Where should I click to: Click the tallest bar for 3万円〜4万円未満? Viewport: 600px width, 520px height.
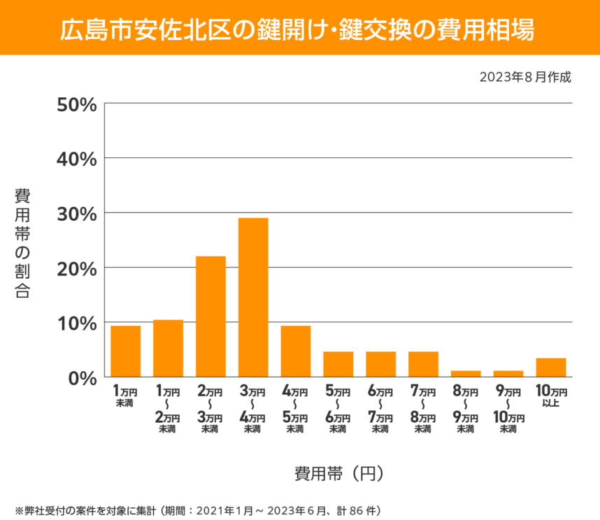point(253,297)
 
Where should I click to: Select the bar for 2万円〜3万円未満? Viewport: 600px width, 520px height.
point(210,316)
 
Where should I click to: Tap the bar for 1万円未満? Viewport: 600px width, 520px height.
point(126,351)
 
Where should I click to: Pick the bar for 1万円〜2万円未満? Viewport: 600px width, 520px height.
point(168,348)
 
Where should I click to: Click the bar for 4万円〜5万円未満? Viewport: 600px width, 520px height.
point(296,351)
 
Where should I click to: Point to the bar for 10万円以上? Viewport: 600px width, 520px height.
point(551,367)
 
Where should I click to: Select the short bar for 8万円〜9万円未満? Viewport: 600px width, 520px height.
point(466,373)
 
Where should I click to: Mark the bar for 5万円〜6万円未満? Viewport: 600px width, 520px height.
point(338,363)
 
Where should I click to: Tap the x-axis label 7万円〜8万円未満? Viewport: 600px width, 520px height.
point(423,409)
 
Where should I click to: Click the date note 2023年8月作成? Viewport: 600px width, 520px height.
point(525,77)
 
